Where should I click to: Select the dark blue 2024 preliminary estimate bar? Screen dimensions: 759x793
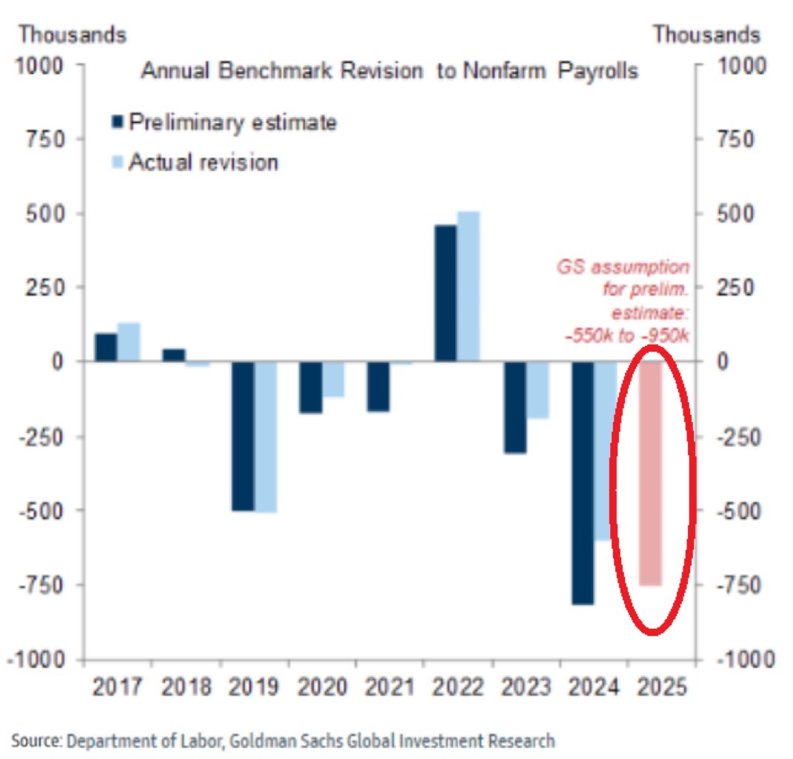coord(583,482)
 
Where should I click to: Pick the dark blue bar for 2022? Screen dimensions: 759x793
coord(446,293)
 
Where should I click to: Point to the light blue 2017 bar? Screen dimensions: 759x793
coord(128,342)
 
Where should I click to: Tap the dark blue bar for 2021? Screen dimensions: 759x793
coord(378,386)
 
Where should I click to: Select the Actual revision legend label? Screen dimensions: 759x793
coord(204,162)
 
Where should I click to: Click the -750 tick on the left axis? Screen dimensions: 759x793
coord(43,585)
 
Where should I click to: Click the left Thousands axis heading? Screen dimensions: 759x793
coord(73,34)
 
